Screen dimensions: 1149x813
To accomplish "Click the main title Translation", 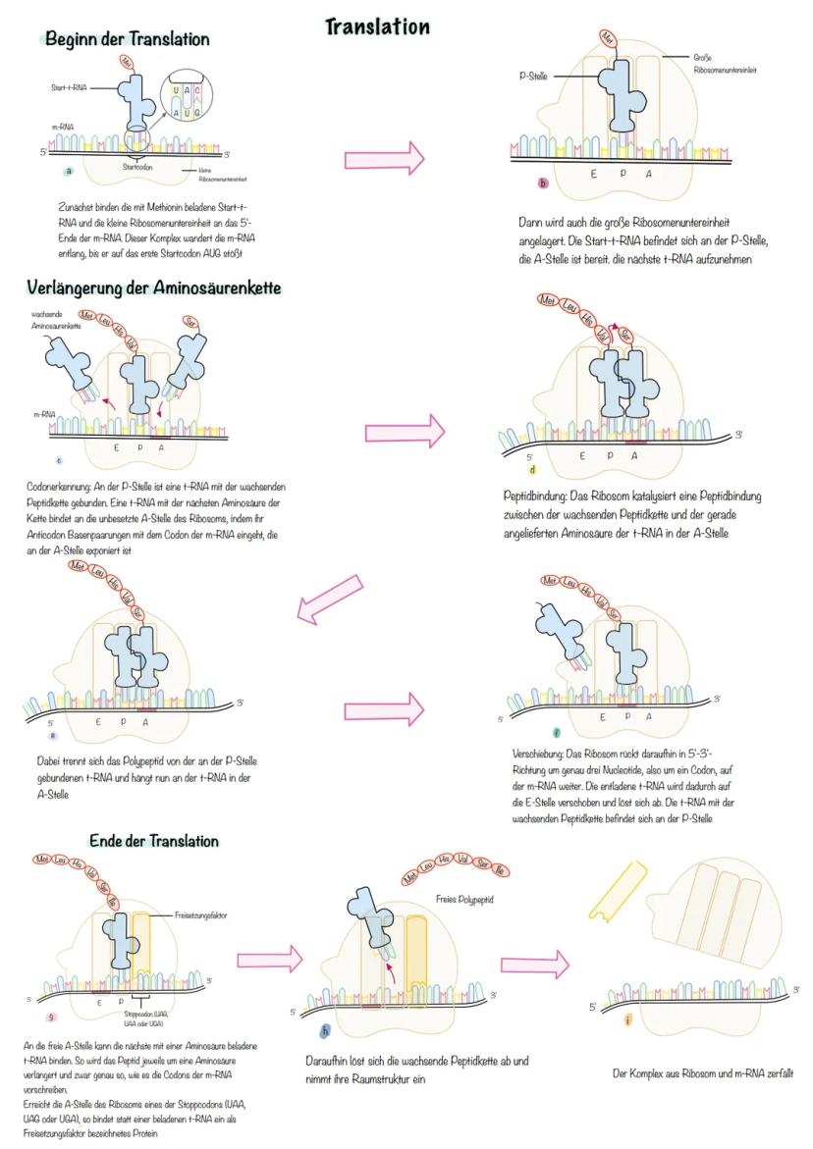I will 378,26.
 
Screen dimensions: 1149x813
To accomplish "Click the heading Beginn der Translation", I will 128,39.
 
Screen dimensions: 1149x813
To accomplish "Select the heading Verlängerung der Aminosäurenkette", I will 154,287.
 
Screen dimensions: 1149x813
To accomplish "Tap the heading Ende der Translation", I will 154,841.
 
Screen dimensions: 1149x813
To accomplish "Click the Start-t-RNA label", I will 69,87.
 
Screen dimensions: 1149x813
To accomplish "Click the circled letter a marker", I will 68,171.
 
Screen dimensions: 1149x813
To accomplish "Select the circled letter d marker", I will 532,469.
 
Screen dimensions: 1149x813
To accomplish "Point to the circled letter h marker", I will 325,1029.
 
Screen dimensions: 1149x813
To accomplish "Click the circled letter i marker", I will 627,1020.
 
